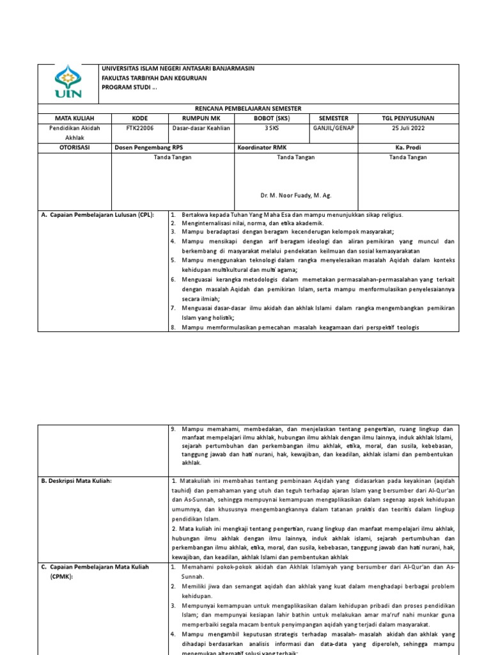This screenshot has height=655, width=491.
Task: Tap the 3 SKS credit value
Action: click(272, 128)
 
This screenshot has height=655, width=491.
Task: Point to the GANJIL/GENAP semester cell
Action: click(332, 128)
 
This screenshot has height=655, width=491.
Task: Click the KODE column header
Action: click(139, 118)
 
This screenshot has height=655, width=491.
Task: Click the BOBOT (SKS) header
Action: click(272, 118)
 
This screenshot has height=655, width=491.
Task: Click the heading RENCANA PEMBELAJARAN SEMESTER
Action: click(247, 109)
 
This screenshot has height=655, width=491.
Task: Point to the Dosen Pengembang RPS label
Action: click(148, 147)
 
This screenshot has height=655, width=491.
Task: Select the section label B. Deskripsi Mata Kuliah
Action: click(81, 480)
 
